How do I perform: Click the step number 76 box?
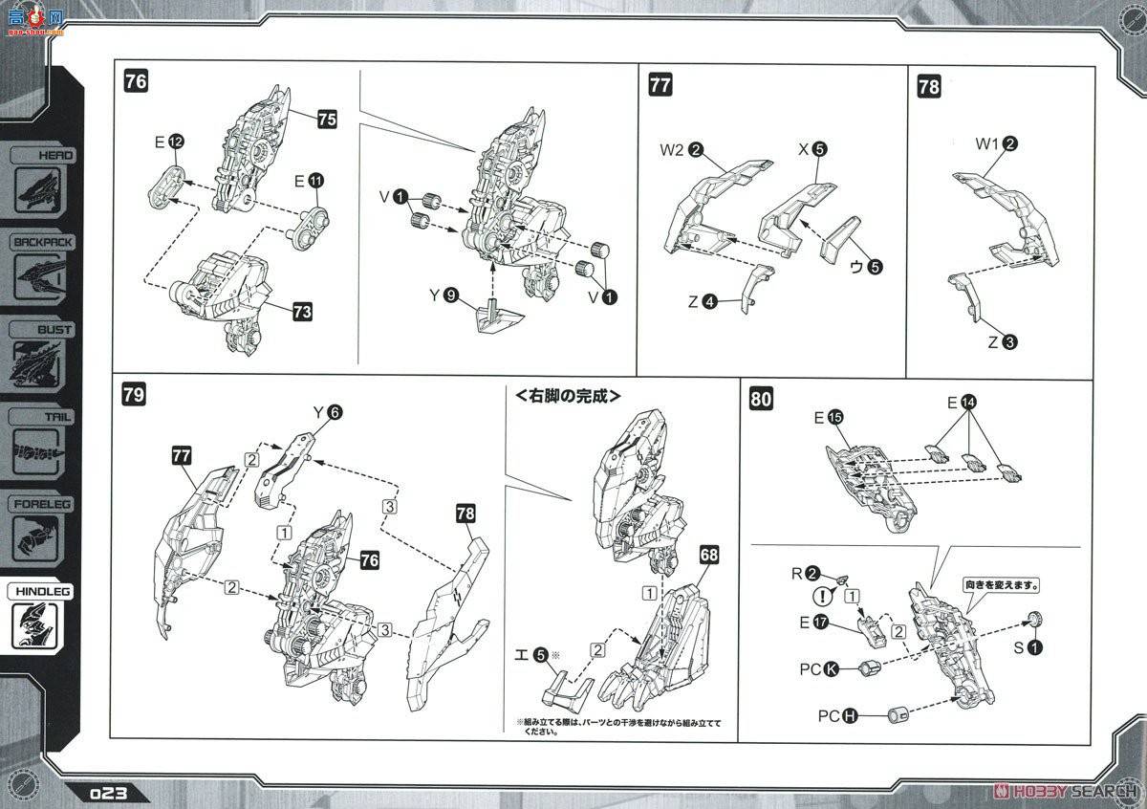tap(136, 81)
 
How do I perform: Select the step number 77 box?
tap(660, 85)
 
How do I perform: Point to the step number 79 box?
tap(135, 395)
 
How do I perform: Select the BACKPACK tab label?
tap(42, 242)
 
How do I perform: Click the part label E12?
tap(168, 142)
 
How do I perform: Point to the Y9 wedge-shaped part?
tap(493, 315)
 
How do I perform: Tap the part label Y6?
tap(326, 412)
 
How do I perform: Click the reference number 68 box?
tap(707, 554)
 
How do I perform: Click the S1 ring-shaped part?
tap(1034, 644)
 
